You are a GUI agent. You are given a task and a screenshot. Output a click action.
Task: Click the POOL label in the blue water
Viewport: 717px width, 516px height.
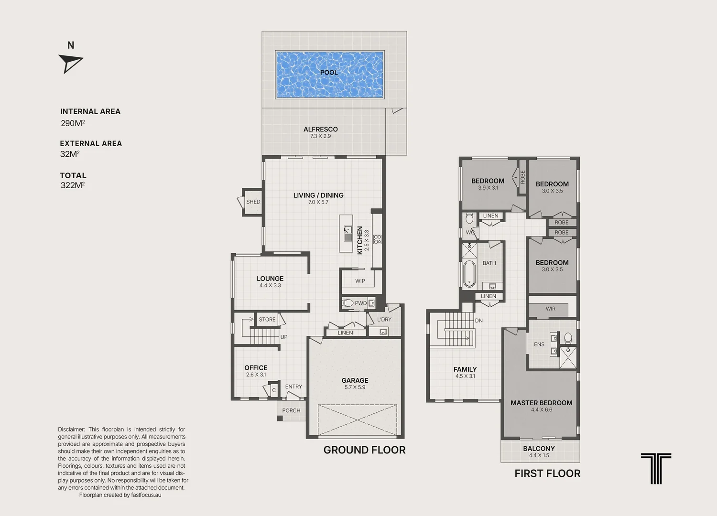(x=329, y=73)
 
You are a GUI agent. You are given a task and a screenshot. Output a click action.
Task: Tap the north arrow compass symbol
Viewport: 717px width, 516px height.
(x=70, y=63)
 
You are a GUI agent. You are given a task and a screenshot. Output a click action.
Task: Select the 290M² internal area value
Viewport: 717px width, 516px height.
(x=73, y=123)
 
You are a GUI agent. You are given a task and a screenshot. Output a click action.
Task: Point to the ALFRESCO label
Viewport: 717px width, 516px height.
(x=320, y=129)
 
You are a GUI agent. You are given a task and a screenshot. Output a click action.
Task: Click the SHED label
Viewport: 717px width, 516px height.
(x=253, y=202)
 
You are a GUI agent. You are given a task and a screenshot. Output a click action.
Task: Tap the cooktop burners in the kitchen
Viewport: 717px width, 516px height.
(x=378, y=239)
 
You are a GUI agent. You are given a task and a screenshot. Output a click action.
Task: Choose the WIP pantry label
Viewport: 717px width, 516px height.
(x=360, y=281)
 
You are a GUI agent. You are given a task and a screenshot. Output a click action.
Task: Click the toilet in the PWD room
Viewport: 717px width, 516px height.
(x=348, y=302)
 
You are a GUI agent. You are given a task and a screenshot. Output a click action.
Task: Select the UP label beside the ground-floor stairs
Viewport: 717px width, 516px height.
(x=284, y=337)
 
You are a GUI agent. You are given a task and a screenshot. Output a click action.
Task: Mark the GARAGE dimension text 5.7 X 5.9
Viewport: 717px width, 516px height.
(x=355, y=387)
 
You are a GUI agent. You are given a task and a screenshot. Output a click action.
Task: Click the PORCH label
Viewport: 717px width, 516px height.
(x=291, y=410)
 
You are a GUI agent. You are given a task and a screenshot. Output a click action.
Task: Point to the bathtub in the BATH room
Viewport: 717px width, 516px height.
(x=469, y=274)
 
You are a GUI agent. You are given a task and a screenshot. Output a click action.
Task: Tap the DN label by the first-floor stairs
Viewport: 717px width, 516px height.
(x=479, y=321)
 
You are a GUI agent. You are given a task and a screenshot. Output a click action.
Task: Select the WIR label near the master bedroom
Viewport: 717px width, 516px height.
(x=551, y=309)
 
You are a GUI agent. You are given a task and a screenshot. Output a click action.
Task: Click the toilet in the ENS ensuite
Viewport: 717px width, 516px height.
(x=568, y=338)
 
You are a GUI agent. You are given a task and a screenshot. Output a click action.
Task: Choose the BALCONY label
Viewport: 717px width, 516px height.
(x=539, y=449)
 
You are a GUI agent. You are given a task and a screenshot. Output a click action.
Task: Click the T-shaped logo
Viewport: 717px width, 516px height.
(x=656, y=468)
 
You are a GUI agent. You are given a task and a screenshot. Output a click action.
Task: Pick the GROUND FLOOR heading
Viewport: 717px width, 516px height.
(x=364, y=450)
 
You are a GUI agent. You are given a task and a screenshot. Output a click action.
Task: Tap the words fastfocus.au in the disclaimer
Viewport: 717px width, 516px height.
(x=146, y=495)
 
